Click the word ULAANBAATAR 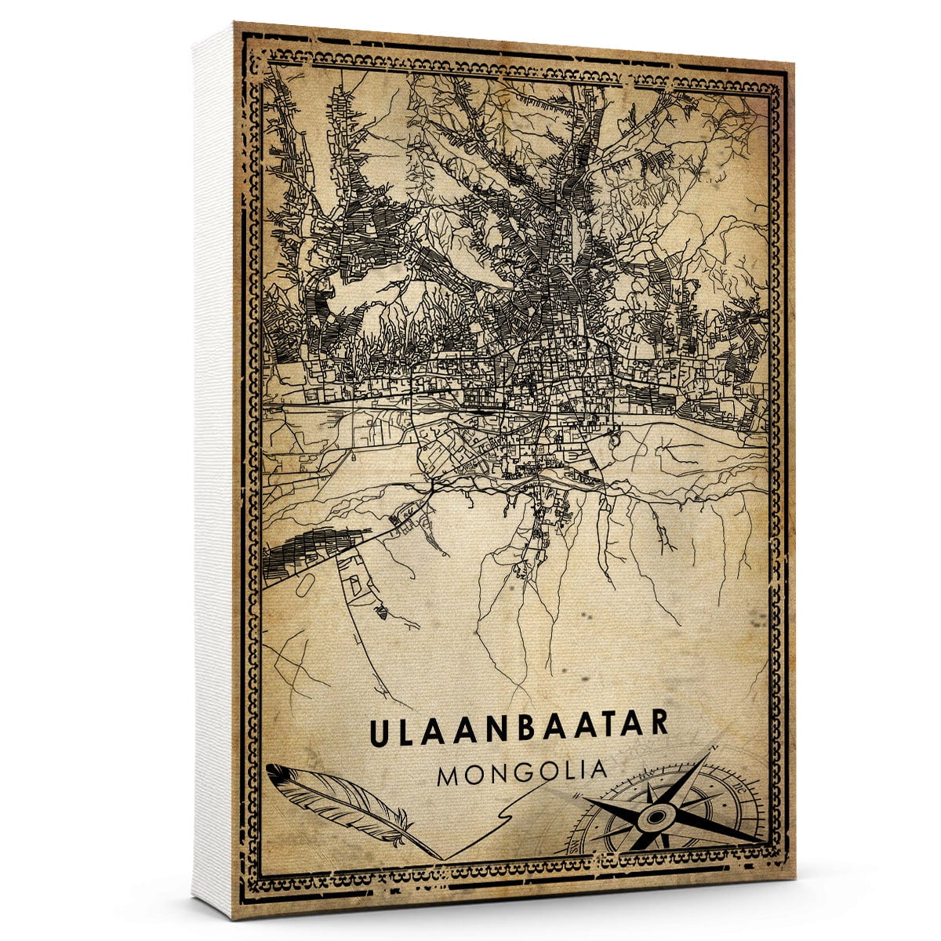point(518,725)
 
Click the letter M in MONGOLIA point(450,773)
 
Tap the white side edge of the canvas point(213,470)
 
